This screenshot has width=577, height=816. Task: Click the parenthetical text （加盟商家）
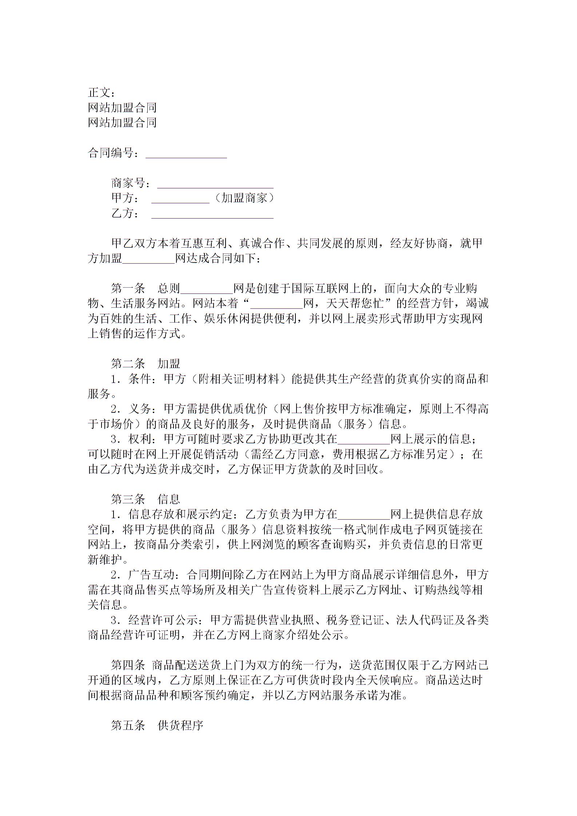pos(243,198)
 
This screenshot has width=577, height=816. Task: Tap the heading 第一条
pos(128,288)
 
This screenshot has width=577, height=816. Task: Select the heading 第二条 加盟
pos(146,363)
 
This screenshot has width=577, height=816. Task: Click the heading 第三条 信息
pos(146,499)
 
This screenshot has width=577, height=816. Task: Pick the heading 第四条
pos(128,665)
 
